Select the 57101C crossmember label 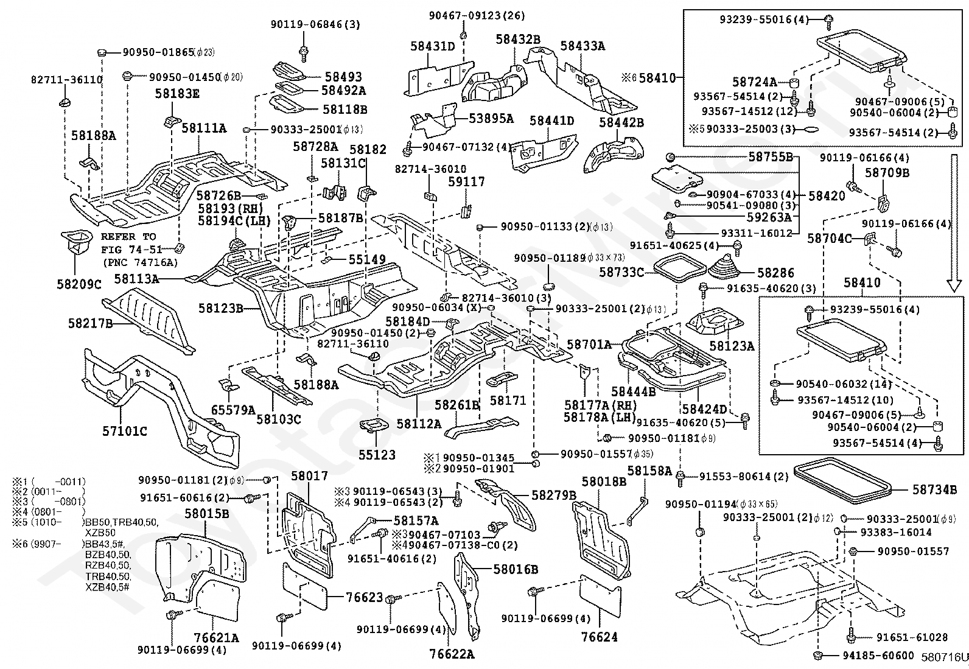point(124,431)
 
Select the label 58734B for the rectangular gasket point(934,488)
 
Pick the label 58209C point(79,284)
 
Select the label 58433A point(582,46)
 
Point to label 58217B point(89,323)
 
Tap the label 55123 point(377,454)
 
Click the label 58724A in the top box point(754,82)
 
